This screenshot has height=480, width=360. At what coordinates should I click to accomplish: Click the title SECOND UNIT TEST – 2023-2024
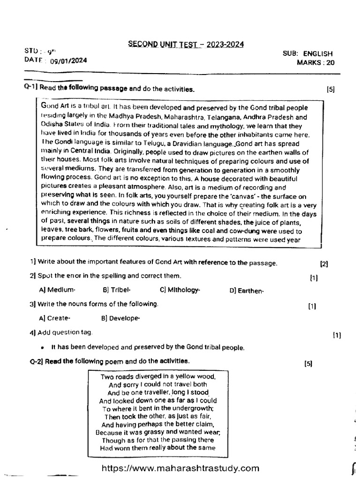click(186, 45)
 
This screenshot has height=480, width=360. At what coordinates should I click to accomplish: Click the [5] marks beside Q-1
click(331, 90)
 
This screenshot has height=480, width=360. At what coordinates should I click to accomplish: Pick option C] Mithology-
click(180, 290)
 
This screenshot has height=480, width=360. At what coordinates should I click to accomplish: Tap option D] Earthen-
click(247, 291)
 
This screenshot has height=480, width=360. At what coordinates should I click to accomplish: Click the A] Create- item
click(55, 318)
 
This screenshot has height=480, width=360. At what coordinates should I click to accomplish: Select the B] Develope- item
click(120, 318)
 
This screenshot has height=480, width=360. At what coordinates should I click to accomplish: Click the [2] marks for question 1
click(324, 264)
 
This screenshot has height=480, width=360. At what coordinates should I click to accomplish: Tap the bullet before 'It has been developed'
click(43, 348)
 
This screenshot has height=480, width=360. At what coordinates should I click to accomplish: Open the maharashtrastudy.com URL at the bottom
click(180, 468)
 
